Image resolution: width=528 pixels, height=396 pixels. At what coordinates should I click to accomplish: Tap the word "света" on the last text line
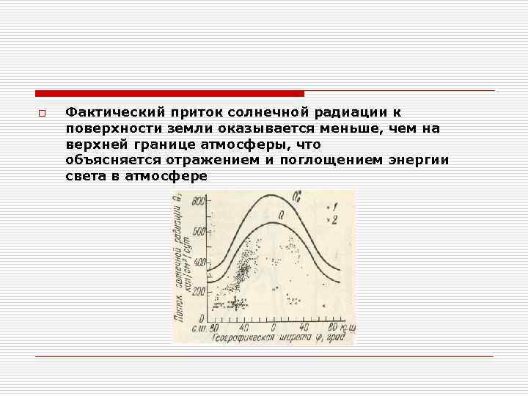pos(84,177)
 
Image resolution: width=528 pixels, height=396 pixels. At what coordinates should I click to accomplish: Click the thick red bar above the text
pos(169,93)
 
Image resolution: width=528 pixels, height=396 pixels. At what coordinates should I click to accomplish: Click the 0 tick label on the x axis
pos(274,326)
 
